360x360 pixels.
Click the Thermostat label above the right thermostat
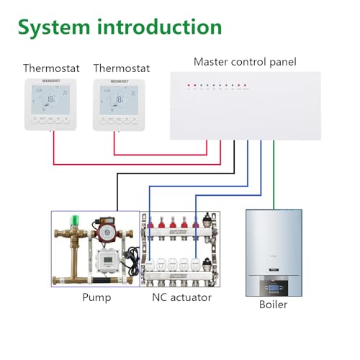[121, 68]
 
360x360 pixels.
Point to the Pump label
[96, 297]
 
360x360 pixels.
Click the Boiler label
[273, 305]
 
